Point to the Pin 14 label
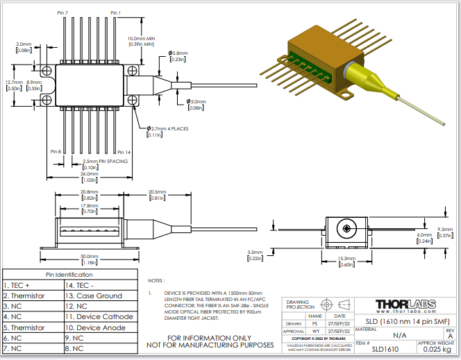point(124,152)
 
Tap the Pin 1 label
point(115,13)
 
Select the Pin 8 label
point(56,152)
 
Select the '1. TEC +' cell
point(18,285)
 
